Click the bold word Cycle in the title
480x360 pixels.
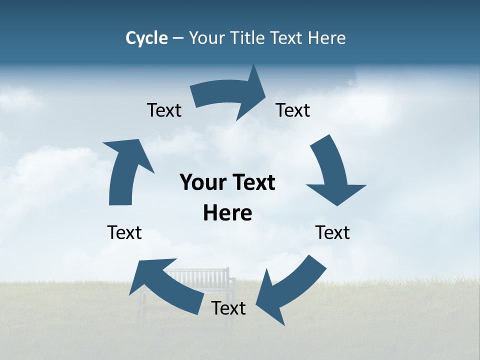[146, 38]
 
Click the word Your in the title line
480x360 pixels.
[207, 38]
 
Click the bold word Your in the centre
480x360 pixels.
[202, 183]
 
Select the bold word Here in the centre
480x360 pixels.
[227, 213]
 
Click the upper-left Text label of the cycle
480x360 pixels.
[164, 110]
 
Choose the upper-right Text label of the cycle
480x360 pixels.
[293, 110]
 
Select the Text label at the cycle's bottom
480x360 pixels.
[228, 308]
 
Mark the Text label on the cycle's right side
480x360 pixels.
[332, 233]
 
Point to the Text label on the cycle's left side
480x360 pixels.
[124, 233]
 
